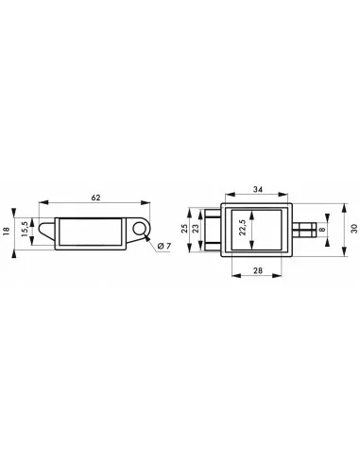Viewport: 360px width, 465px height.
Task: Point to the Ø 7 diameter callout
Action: click(x=161, y=247)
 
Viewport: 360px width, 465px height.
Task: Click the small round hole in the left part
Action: click(x=142, y=228)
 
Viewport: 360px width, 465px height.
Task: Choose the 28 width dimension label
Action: click(x=258, y=271)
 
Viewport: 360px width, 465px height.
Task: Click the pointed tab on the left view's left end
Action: click(x=45, y=229)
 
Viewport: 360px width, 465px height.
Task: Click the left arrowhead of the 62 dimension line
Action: click(x=43, y=202)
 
